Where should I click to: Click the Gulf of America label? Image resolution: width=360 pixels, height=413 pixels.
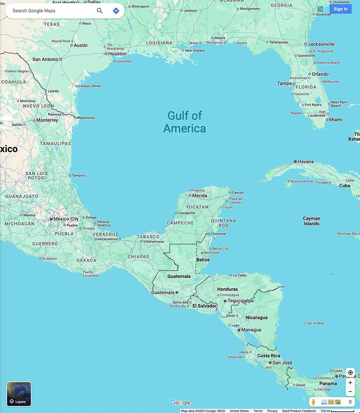pyautogui.click(x=185, y=122)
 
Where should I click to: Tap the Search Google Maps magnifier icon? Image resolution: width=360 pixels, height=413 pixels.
pyautogui.click(x=100, y=11)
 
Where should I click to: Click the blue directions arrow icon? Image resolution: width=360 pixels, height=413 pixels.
pyautogui.click(x=116, y=11)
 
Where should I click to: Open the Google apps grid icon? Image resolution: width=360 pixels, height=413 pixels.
pyautogui.click(x=320, y=9)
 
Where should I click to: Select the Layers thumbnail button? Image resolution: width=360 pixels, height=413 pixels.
pyautogui.click(x=19, y=394)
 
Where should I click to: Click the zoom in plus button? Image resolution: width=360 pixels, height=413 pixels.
pyautogui.click(x=350, y=382)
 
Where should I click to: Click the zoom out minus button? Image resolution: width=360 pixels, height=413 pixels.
pyautogui.click(x=350, y=392)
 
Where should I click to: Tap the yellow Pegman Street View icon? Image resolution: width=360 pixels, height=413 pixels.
pyautogui.click(x=314, y=402)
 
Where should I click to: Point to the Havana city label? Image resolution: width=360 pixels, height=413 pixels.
pyautogui.click(x=306, y=161)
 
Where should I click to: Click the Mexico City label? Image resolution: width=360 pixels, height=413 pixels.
pyautogui.click(x=66, y=219)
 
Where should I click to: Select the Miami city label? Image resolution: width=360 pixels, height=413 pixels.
pyautogui.click(x=336, y=119)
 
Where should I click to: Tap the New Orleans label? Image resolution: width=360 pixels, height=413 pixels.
pyautogui.click(x=194, y=50)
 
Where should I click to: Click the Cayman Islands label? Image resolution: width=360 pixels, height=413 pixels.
pyautogui.click(x=311, y=221)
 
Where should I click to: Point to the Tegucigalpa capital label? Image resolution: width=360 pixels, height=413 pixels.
pyautogui.click(x=240, y=301)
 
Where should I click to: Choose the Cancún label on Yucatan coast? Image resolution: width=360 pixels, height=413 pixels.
pyautogui.click(x=238, y=192)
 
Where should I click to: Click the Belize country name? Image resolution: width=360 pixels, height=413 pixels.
pyautogui.click(x=203, y=260)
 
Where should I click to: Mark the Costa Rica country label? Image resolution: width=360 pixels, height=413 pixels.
pyautogui.click(x=269, y=356)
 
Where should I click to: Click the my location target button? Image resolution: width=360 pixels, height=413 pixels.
pyautogui.click(x=350, y=373)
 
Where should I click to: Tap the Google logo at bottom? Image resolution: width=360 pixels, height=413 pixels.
pyautogui.click(x=180, y=403)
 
